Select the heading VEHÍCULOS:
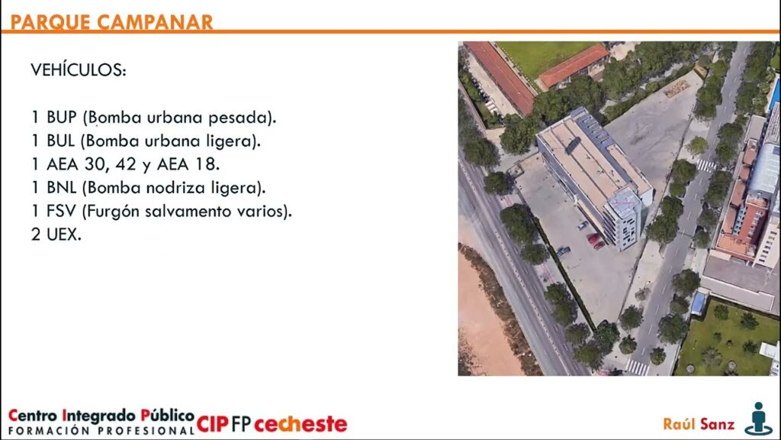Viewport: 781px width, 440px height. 79,70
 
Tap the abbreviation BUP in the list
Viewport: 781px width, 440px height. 62,117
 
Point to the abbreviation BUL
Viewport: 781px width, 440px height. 61,141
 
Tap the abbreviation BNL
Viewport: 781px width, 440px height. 61,188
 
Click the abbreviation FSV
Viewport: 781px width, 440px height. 61,211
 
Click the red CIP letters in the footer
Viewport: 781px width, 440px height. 212,424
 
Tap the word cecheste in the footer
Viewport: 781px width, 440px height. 301,424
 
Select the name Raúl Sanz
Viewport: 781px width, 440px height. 699,424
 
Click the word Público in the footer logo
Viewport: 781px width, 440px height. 167,415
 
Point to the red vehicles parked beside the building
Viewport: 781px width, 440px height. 596,241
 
